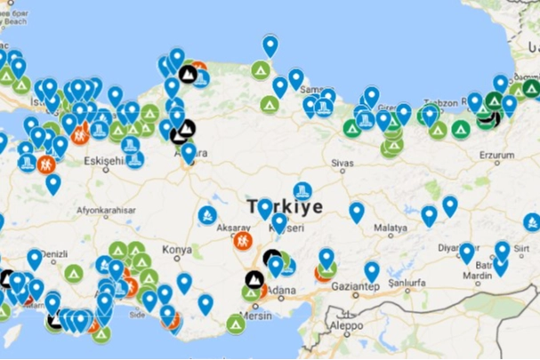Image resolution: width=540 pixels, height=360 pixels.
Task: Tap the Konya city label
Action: pyautogui.click(x=178, y=250)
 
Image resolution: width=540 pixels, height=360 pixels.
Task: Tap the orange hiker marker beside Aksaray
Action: pyautogui.click(x=241, y=240)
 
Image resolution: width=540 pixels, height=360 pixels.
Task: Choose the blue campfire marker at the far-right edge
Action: pyautogui.click(x=532, y=221)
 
